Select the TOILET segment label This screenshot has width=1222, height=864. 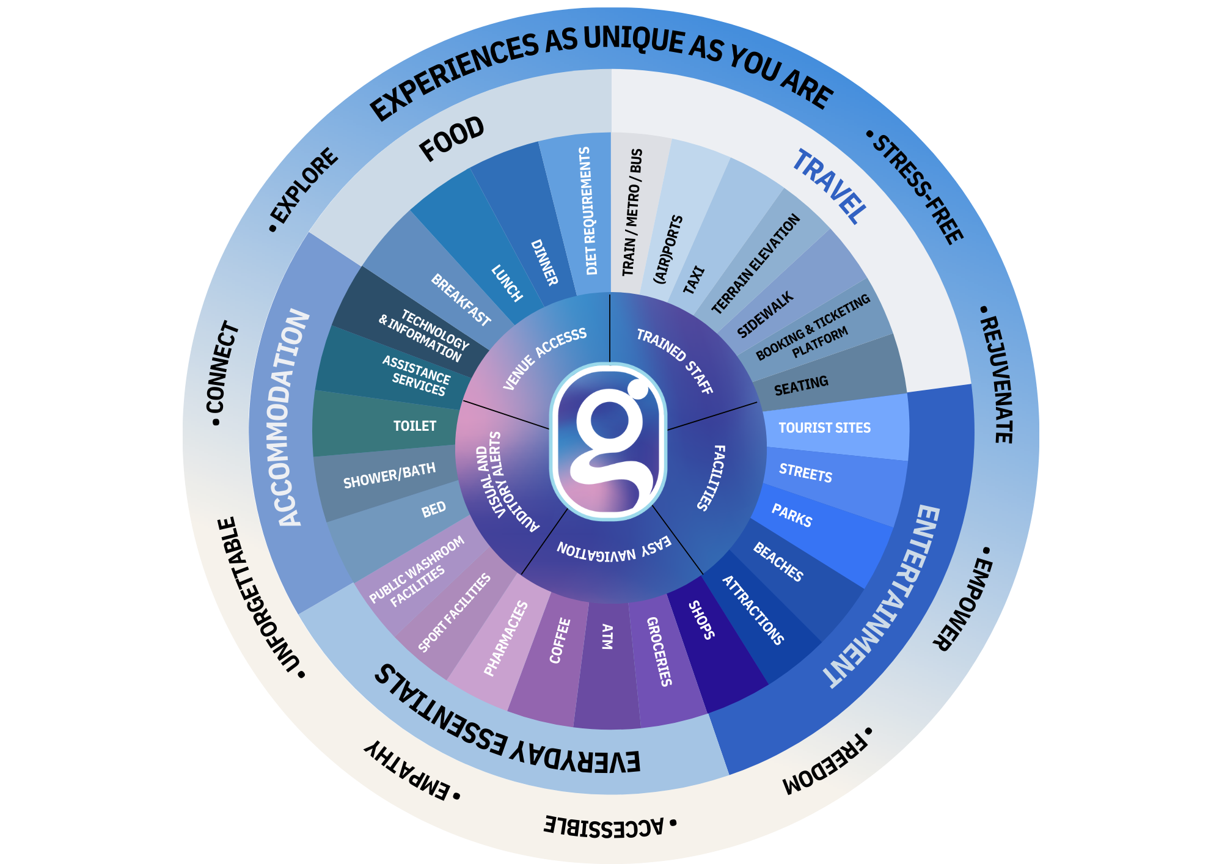[414, 426]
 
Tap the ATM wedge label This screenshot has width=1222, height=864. [607, 636]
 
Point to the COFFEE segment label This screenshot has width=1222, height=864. [560, 640]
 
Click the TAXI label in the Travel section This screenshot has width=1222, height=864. [693, 280]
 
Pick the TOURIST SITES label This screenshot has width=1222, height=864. [824, 428]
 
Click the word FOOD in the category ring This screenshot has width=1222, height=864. [452, 139]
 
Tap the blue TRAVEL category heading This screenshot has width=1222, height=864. [829, 186]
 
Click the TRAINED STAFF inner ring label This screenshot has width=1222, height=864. [675, 361]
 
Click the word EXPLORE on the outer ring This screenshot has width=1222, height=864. [304, 186]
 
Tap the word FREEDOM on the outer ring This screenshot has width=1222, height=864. [825, 763]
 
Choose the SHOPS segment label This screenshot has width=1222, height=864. [701, 620]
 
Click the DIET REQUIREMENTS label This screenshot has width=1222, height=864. [587, 211]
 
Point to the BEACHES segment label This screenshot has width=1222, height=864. [778, 562]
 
